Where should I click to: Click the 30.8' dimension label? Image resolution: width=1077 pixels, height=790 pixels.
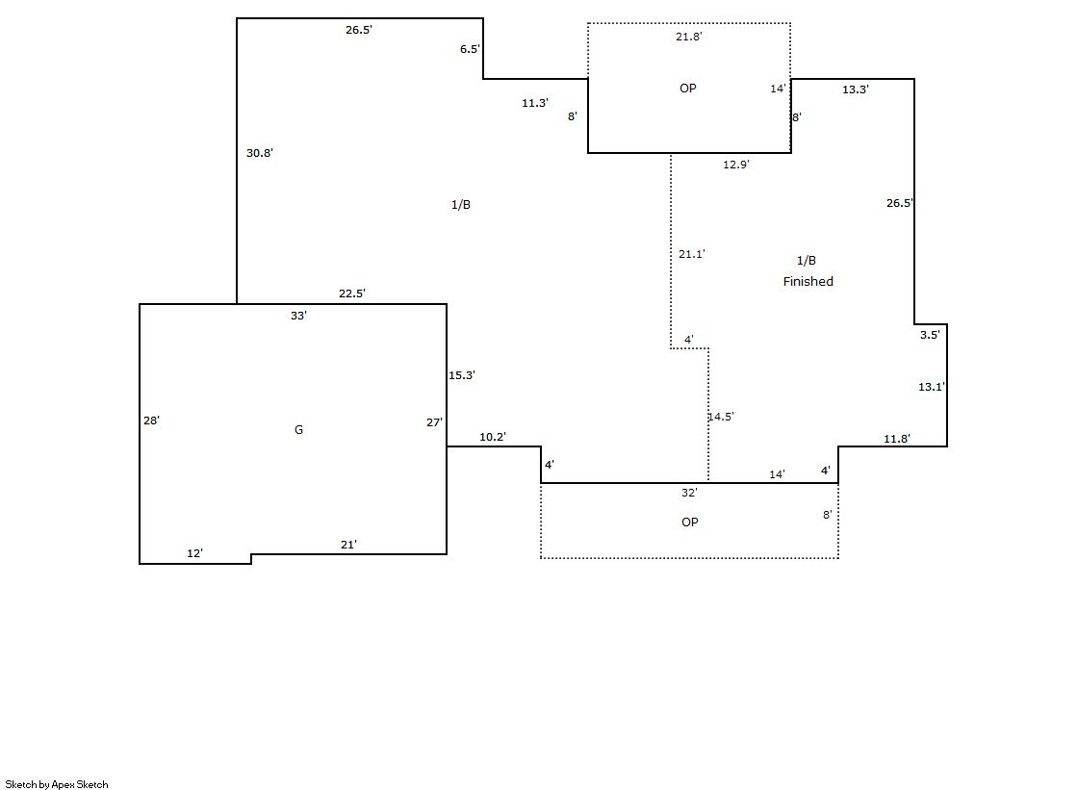pos(260,153)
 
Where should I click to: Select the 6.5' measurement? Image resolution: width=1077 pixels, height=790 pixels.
pos(470,49)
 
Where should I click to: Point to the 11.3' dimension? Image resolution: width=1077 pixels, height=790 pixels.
pos(535,103)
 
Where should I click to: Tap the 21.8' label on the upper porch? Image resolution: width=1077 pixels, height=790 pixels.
pos(689,37)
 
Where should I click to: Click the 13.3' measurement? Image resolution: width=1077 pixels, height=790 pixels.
pos(856,89)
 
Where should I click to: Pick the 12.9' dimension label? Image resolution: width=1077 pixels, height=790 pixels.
pos(736,165)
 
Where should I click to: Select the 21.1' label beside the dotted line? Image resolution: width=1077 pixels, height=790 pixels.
pos(692,254)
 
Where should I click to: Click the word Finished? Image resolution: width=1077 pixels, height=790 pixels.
pos(808,282)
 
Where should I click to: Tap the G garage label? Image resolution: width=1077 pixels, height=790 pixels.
pos(298,430)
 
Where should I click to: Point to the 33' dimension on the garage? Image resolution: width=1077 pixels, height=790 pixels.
pos(298,316)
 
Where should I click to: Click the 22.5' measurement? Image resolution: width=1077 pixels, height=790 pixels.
pos(352,293)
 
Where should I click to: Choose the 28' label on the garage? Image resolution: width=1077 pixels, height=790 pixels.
pos(151,420)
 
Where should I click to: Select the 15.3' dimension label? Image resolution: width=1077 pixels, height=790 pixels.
pos(462,375)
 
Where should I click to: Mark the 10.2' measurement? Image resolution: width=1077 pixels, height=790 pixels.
pos(493,437)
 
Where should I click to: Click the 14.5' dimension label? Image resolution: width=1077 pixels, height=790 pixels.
pos(721,417)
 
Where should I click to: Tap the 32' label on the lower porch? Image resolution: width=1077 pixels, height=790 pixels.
pos(689,493)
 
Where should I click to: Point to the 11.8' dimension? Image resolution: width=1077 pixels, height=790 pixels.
pos(897,439)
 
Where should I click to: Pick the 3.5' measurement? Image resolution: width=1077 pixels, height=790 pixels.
pos(930,335)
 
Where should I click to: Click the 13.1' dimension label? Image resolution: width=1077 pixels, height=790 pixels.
pos(931,387)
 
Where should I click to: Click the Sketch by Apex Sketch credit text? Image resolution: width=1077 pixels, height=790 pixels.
pos(57,784)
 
